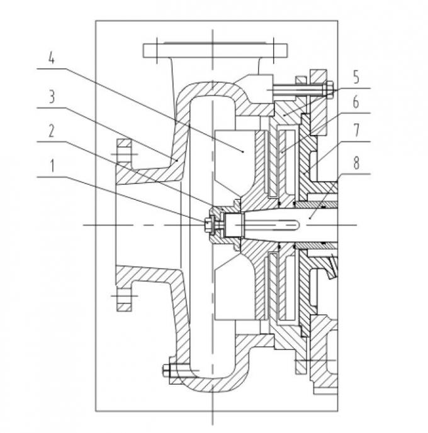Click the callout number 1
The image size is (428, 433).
pos(52,166)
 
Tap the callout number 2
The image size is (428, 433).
pos(52,131)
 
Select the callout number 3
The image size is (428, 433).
pos(52,97)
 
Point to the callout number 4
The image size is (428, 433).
pos(52,57)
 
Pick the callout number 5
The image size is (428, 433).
pos(356,77)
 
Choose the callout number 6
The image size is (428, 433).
pos(356,102)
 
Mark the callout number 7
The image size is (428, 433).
pos(356,130)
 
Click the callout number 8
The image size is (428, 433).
pos(356,163)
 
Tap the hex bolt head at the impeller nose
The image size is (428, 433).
pos(208,225)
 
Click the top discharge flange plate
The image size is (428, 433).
pos(215,50)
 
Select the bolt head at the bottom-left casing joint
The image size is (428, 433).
pos(166,370)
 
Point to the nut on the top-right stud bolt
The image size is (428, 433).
pos(330,89)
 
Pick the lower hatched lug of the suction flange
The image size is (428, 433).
pos(123,300)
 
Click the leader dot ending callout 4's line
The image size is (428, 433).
pos(243,151)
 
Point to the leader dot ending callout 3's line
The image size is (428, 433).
pos(177,160)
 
